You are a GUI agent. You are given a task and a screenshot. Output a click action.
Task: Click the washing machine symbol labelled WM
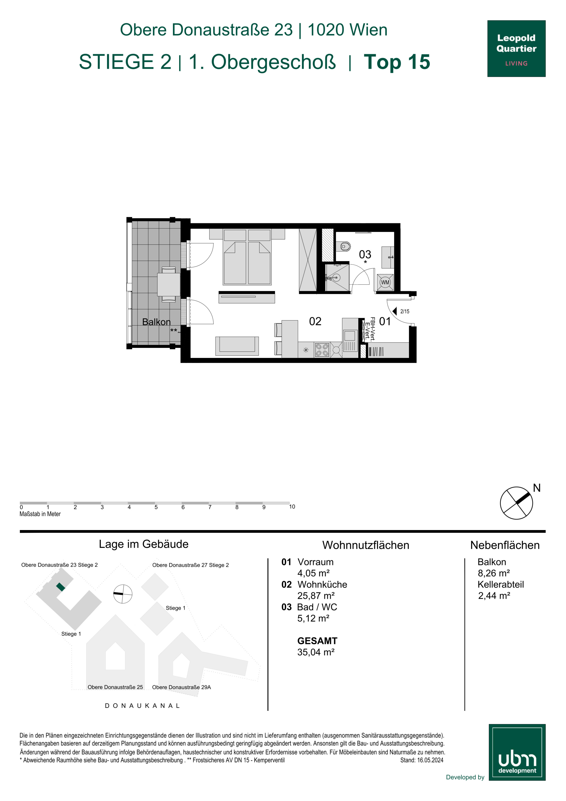tap(385, 282)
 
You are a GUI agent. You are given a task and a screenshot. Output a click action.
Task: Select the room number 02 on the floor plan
tap(315, 321)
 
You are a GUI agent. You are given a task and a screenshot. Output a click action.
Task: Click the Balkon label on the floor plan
tap(156, 322)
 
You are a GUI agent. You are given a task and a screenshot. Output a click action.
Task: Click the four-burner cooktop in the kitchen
tap(322, 350)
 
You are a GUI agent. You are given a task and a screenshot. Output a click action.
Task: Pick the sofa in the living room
tap(237, 346)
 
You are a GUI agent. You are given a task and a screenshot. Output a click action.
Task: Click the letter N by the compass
tap(537, 488)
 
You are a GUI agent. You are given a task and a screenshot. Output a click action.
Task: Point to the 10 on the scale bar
tap(292, 506)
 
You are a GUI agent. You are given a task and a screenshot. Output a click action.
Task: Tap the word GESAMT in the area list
tap(317, 641)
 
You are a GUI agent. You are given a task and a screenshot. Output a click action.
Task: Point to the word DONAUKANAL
tap(142, 705)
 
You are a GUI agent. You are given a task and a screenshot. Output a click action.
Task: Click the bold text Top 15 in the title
tap(397, 62)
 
